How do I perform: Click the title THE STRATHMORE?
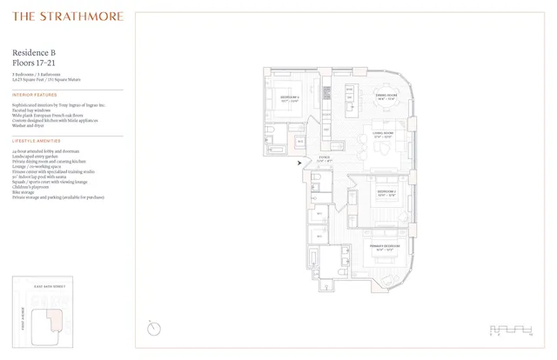pos(67,17)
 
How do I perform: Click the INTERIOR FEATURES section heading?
pos(35,95)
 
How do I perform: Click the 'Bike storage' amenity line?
pos(25,192)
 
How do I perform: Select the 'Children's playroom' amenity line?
pos(32,187)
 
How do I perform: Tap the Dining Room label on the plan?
pos(386,96)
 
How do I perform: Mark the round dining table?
pos(386,110)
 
